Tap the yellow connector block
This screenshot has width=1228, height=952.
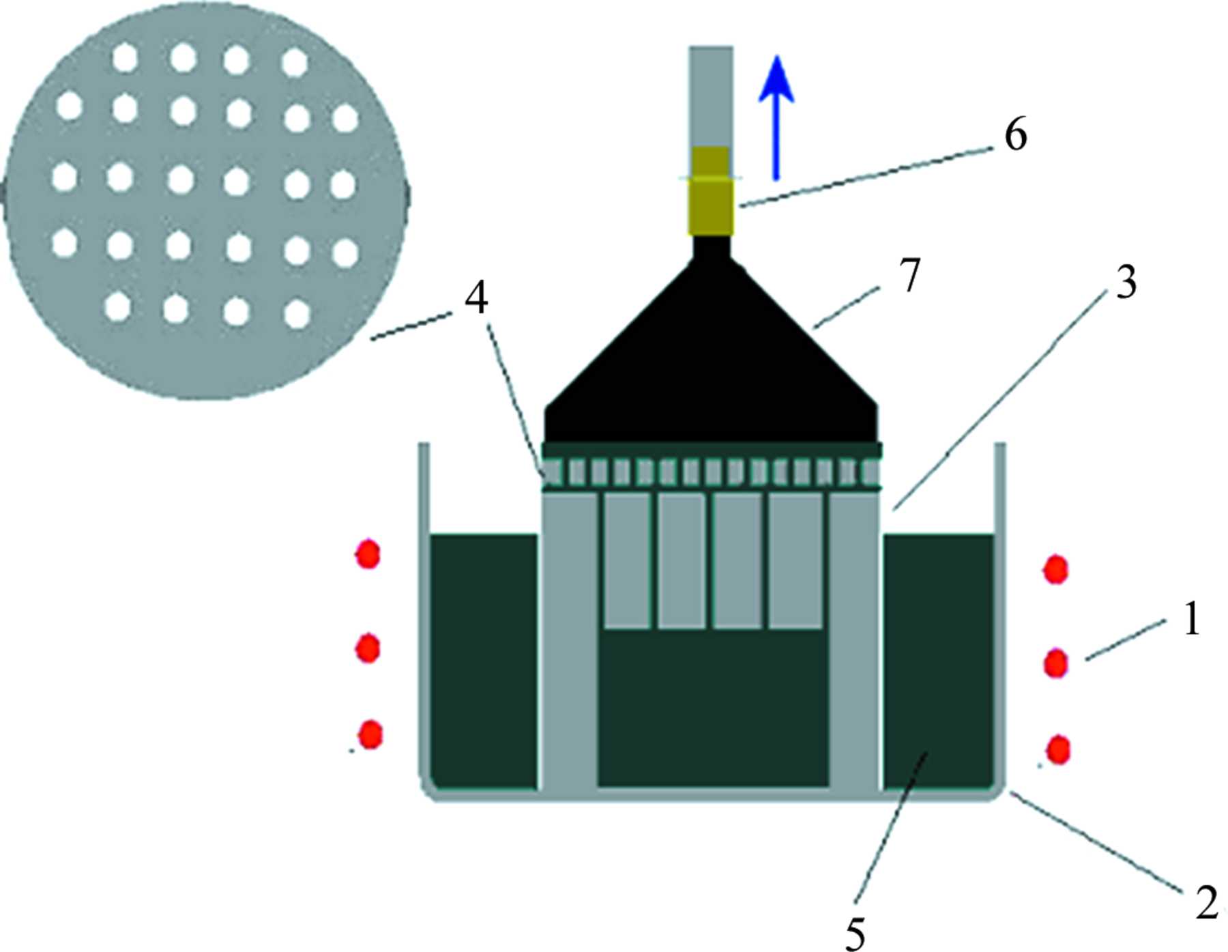coord(711,190)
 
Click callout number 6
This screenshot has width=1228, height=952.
coord(1015,136)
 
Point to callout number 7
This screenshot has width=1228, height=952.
coord(910,274)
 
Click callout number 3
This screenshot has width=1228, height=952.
coord(1126,283)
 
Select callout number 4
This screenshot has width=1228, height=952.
coord(476,298)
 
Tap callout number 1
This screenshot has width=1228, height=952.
coord(1190,620)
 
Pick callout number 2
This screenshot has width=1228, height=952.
coord(1206,902)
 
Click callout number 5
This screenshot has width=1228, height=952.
coord(855,933)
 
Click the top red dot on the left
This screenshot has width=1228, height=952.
coord(368,553)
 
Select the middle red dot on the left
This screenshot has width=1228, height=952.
coord(368,648)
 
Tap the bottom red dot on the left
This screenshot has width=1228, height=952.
coord(371,734)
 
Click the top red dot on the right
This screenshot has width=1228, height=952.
coord(1056,569)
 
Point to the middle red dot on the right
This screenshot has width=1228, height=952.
coord(1056,663)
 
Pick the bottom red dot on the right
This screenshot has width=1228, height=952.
coord(1058,749)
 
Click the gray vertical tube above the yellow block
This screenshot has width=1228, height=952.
coord(711,96)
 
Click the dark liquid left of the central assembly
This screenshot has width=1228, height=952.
coord(484,661)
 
